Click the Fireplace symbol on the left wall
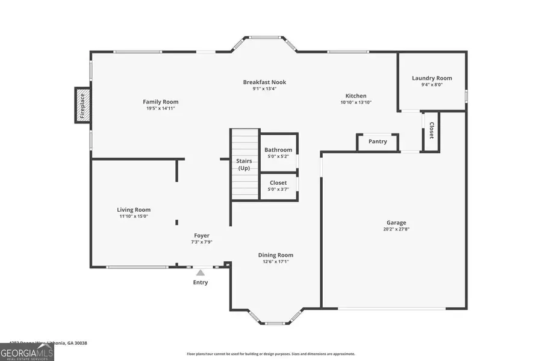(83, 105)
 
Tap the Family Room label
(160, 102)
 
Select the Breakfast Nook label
(264, 82)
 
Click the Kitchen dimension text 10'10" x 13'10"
(355, 103)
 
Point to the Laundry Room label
(432, 78)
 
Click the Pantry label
(378, 142)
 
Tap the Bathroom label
(278, 150)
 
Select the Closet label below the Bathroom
(278, 182)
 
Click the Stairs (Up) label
(244, 164)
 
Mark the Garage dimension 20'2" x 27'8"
(396, 229)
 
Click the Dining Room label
(276, 255)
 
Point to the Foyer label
(202, 235)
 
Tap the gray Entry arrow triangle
(201, 273)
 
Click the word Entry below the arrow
(201, 282)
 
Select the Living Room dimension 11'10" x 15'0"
(134, 217)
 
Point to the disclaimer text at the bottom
(270, 354)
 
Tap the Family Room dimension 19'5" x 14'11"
(160, 109)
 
